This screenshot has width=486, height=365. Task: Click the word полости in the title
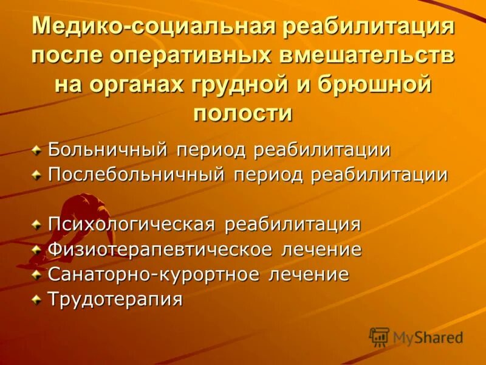click(243, 113)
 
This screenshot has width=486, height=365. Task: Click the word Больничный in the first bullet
click(108, 150)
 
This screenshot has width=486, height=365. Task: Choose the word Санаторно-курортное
click(155, 274)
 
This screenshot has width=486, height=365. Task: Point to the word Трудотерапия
click(115, 299)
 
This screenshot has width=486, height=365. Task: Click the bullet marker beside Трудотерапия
click(38, 299)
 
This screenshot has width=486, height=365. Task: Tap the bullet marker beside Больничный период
click(38, 150)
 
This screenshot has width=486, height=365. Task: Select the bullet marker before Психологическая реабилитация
click(38, 224)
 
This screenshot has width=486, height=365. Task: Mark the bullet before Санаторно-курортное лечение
click(38, 274)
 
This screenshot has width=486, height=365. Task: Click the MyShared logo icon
click(379, 336)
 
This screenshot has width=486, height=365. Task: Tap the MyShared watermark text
click(428, 338)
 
